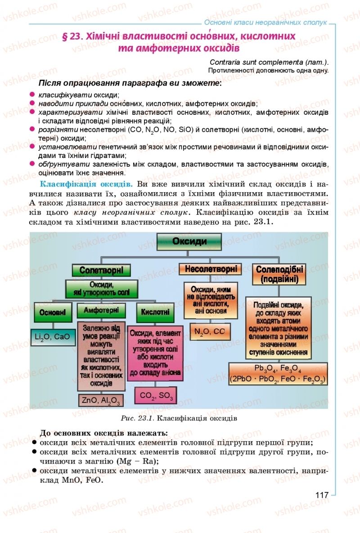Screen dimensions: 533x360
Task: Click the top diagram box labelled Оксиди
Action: (x=189, y=241)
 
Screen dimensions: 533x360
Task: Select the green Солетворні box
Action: (x=101, y=270)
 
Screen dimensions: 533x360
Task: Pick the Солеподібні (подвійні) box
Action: (x=279, y=274)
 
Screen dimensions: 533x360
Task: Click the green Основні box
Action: (x=53, y=312)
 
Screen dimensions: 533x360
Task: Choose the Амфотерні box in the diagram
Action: (x=101, y=311)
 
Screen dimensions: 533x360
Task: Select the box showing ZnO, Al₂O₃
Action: (x=101, y=399)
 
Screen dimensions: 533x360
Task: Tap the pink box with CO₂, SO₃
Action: (x=156, y=396)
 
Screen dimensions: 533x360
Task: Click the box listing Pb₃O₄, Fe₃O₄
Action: (x=278, y=374)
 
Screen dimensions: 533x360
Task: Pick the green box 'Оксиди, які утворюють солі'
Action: (x=101, y=289)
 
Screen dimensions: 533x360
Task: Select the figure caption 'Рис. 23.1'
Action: (x=138, y=418)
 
